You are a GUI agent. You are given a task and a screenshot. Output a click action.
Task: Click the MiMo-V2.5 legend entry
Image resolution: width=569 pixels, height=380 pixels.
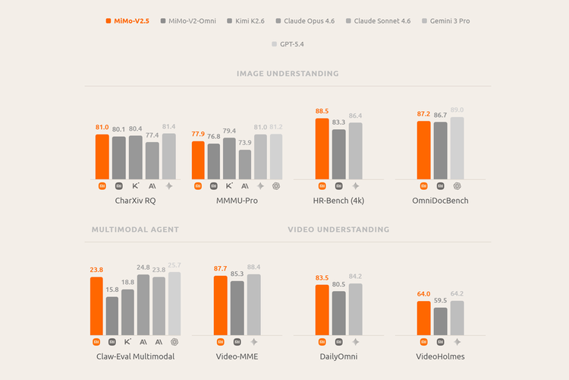[127, 21]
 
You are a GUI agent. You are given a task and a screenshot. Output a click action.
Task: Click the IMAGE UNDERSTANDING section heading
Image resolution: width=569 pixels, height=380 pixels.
[288, 74]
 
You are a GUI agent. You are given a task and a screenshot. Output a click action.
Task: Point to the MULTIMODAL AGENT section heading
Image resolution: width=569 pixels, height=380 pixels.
[135, 229]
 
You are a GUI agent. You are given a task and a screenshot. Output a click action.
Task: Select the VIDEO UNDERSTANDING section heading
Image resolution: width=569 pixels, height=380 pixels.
[338, 229]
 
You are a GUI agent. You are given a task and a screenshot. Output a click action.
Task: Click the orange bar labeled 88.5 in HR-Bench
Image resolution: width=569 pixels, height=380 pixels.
[322, 148]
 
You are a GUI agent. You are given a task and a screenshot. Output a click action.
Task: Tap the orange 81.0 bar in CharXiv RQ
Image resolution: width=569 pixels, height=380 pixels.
[102, 156]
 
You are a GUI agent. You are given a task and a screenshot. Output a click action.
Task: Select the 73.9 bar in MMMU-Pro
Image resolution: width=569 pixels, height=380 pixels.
[244, 163]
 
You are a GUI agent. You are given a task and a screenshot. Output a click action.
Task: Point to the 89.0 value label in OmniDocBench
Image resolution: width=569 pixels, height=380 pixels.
[457, 110]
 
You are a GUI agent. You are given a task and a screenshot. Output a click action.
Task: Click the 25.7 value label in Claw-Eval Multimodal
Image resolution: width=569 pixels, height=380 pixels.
[174, 265]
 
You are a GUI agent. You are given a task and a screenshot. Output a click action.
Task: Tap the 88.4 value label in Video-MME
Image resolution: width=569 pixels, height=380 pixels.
[254, 267]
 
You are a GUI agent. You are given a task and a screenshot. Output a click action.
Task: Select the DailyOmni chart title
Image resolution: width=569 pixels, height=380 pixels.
[338, 356]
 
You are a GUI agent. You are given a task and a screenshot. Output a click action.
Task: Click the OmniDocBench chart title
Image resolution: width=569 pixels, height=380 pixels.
[440, 201]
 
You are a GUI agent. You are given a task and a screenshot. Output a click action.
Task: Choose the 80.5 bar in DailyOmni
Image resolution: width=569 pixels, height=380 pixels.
[338, 312]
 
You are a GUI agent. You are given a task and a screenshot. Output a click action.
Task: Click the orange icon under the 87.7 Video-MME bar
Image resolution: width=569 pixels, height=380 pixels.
[221, 342]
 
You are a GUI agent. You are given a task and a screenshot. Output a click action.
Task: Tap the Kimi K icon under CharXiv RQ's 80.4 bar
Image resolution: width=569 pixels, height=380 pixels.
[136, 185]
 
